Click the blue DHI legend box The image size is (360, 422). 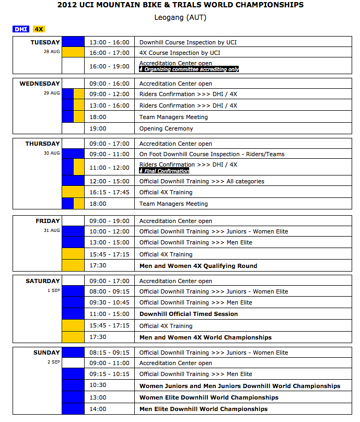(x=21, y=30)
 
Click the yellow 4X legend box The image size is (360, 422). (x=39, y=30)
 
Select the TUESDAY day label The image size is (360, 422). (x=45, y=42)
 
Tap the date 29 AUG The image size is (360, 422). (x=52, y=93)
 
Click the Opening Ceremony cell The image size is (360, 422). (x=166, y=128)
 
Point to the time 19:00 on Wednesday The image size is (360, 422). (x=98, y=128)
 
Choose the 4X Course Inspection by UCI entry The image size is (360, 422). (x=180, y=53)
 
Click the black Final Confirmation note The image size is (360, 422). (x=164, y=171)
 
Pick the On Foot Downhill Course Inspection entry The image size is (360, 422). (x=212, y=154)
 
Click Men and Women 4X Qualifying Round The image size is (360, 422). (x=198, y=266)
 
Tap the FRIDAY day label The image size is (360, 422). (x=48, y=221)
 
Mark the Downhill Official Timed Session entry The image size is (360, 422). (x=189, y=314)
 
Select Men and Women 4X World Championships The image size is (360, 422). (x=205, y=337)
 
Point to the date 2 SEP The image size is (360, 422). (x=54, y=362)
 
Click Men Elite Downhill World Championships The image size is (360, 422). (x=203, y=409)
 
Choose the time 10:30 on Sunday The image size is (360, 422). (x=98, y=386)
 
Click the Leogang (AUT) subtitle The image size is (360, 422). (x=180, y=17)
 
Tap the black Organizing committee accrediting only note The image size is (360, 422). (x=189, y=69)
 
